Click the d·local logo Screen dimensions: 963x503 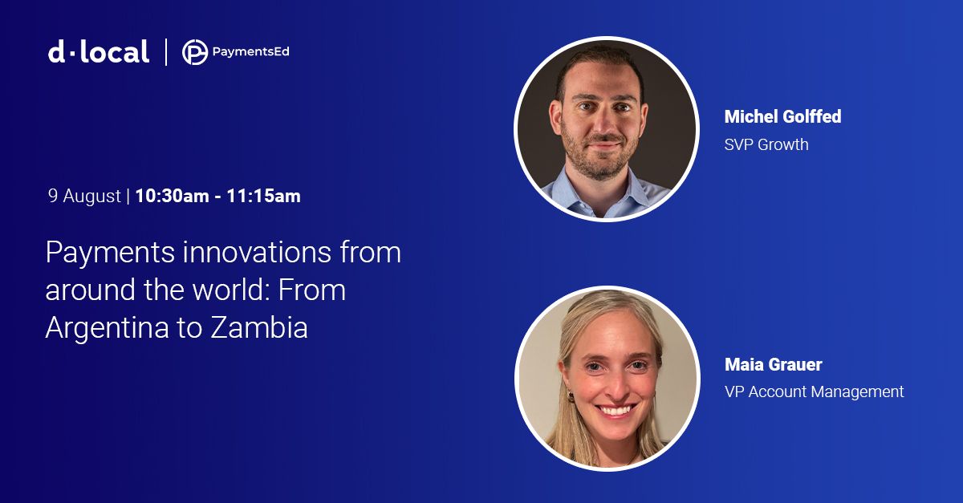[99, 52]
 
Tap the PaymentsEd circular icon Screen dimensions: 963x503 [195, 52]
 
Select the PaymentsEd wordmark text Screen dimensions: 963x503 [250, 52]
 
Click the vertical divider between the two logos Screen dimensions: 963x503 [166, 52]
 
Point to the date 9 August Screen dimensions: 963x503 [84, 196]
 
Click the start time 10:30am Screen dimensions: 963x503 [172, 196]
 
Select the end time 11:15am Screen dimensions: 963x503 [263, 196]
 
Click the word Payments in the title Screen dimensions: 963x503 [110, 254]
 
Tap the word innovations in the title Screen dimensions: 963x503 [257, 253]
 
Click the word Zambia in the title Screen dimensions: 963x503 [259, 327]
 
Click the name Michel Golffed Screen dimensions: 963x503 [783, 116]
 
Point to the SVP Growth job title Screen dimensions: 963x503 [766, 144]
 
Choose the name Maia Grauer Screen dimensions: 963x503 [774, 364]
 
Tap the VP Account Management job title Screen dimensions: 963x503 [815, 392]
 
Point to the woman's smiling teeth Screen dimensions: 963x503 [615, 410]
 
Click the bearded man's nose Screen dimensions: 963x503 [605, 123]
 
